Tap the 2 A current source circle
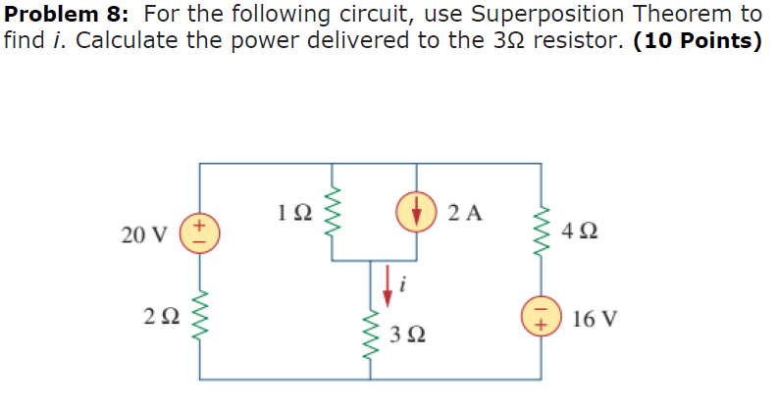417,211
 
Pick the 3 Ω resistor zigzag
373,334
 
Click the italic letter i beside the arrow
403,286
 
